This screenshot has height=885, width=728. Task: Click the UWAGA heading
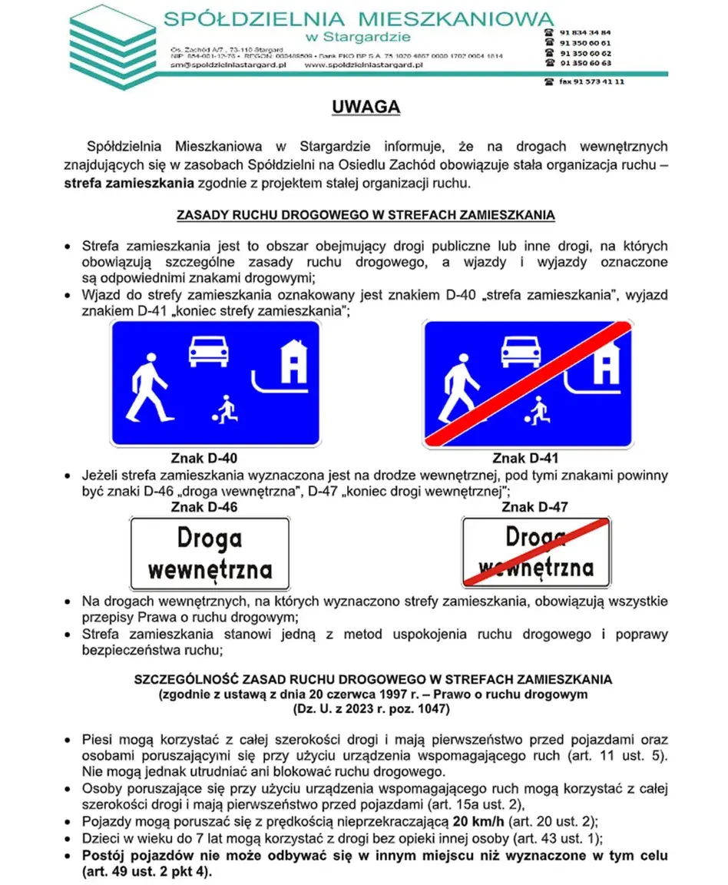(366, 107)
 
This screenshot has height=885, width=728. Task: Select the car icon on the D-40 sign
(210, 350)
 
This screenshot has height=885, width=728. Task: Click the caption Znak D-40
(204, 459)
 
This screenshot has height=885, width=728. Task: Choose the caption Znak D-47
(534, 507)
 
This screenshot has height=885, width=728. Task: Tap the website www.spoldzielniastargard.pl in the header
(365, 65)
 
